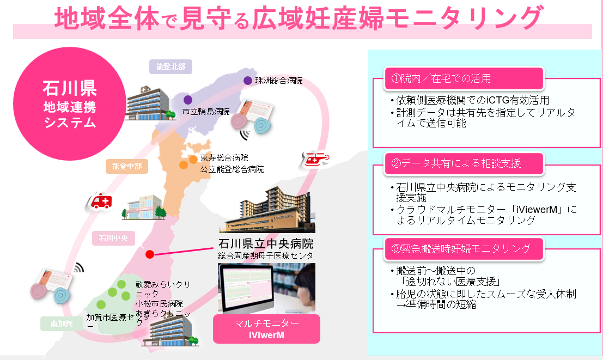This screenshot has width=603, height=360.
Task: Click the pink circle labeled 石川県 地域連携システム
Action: (x=69, y=105)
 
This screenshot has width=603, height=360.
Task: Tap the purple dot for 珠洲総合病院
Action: (x=248, y=81)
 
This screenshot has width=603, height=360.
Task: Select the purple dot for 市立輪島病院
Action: (x=188, y=100)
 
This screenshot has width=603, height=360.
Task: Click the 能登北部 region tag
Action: (x=170, y=66)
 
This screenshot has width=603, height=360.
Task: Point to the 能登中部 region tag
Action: (x=127, y=166)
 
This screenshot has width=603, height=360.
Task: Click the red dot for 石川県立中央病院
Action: (x=150, y=254)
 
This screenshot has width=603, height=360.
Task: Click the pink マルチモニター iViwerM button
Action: (x=266, y=329)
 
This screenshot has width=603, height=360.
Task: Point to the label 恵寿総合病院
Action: (x=224, y=158)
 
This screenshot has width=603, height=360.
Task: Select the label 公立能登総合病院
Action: (x=232, y=169)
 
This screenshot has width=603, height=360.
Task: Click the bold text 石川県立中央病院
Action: (x=266, y=243)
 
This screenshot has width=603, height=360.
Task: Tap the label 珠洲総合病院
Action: (x=279, y=81)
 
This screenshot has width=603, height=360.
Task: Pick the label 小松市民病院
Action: (x=160, y=304)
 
